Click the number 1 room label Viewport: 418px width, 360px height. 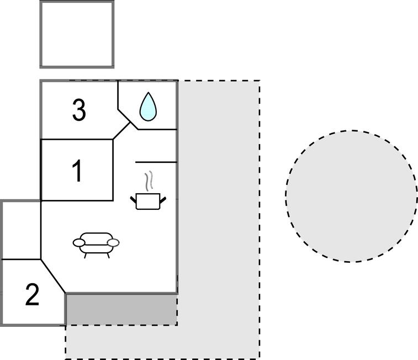pos(78,171)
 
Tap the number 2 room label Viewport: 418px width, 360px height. pos(33,295)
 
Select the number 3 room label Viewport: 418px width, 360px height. pos(79,110)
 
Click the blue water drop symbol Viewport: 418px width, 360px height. pos(148,107)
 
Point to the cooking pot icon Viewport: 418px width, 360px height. pos(148,201)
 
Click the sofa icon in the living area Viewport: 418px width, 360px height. pos(96,242)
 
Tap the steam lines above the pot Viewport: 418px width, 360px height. pos(147,181)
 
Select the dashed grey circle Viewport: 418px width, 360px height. pos(351,196)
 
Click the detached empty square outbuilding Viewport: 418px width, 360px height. pos(77,34)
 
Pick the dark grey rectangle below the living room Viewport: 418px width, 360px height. pos(121,309)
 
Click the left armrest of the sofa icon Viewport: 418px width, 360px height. pos(79,242)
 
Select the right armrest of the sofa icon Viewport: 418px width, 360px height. pos(113,242)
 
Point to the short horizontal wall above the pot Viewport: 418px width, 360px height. pos(156,162)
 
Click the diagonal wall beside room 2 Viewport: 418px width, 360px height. pos(53,276)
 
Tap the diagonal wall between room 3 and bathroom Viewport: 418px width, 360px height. pos(122,130)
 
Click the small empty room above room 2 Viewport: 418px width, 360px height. pos(21,230)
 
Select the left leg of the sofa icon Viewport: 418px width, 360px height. pos(85,255)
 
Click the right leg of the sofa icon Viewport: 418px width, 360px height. pos(108,255)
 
